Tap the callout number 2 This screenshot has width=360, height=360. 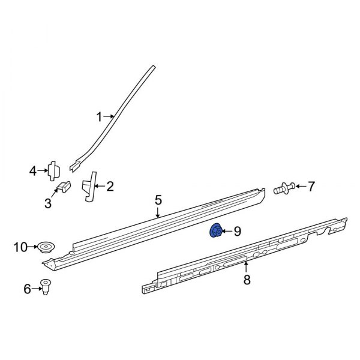click(110, 186)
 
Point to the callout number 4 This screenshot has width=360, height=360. click(33, 172)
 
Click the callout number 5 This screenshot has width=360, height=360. click(158, 199)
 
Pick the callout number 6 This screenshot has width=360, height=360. click(27, 289)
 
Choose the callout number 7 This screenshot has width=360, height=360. click(311, 187)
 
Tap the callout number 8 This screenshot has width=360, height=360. click(245, 280)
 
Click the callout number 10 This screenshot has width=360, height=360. click(20, 246)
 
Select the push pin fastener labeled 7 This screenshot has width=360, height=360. click(283, 188)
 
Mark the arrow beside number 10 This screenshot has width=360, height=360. click(32, 246)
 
